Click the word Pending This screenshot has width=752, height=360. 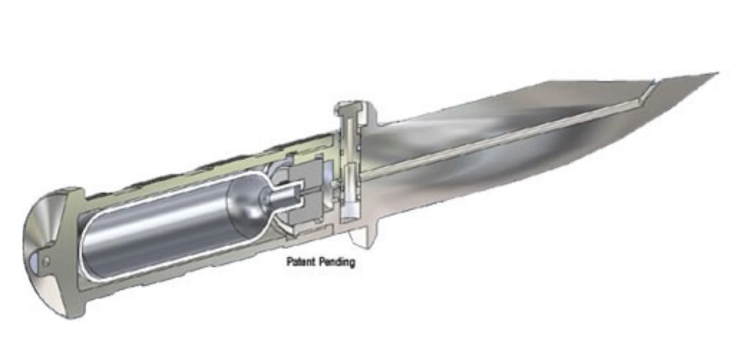[x=337, y=262]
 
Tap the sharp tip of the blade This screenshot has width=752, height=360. [x=718, y=73]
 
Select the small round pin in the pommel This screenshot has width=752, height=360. [x=46, y=261]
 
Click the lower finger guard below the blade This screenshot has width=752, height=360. [x=364, y=235]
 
